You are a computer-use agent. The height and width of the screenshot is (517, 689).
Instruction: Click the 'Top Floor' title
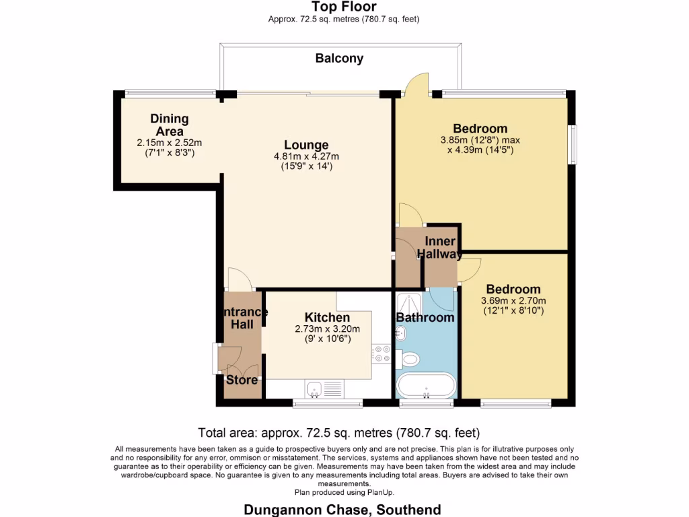343,7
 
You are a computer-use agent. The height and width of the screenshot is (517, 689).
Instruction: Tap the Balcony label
339,59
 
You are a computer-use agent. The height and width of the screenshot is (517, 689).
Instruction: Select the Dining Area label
169,125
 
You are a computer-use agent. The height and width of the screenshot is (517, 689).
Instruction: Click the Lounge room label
306,145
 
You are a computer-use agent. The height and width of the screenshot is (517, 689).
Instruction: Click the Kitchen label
327,318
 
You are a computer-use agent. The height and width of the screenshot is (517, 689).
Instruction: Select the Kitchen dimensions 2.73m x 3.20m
327,329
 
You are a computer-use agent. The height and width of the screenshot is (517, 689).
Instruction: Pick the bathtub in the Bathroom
426,386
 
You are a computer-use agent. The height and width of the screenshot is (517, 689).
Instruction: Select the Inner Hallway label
440,248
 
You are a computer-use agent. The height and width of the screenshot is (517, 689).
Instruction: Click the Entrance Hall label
243,318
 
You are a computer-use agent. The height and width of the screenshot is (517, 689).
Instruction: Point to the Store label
242,380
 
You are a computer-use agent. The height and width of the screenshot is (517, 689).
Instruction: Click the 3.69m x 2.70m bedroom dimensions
513,301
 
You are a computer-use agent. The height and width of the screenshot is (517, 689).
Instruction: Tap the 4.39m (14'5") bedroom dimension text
480,150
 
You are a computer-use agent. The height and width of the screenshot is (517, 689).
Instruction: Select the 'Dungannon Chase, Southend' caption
342,509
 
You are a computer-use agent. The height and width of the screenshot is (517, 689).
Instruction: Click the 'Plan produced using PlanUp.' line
344,493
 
